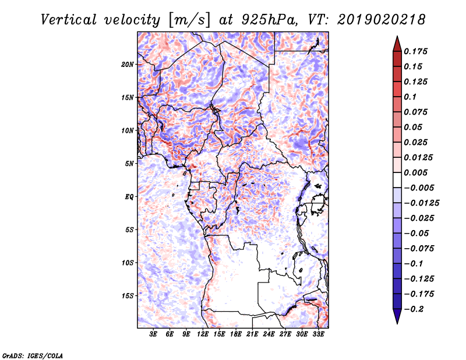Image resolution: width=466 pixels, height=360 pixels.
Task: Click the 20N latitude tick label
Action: pyautogui.click(x=128, y=65)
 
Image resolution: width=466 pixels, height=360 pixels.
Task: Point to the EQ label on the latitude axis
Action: pyautogui.click(x=129, y=197)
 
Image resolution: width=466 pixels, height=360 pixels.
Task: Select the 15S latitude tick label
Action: pyautogui.click(x=128, y=296)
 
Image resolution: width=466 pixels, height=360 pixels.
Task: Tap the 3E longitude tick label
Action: pyautogui.click(x=153, y=334)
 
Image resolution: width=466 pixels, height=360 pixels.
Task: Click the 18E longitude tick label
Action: pyautogui.click(x=236, y=334)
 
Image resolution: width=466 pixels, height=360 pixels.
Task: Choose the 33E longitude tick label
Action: pyautogui.click(x=318, y=334)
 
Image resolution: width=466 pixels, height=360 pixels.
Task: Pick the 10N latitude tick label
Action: pyautogui.click(x=128, y=130)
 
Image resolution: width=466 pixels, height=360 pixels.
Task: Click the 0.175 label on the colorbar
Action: pyautogui.click(x=415, y=51)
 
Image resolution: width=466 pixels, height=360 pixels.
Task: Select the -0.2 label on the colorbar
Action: pyautogui.click(x=414, y=309)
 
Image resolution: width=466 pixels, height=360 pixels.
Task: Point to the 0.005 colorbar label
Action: pyautogui.click(x=415, y=172)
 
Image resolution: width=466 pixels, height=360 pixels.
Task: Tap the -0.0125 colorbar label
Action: pyautogui.click(x=421, y=203)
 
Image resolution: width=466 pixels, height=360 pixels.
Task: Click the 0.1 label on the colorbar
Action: pyautogui.click(x=410, y=97)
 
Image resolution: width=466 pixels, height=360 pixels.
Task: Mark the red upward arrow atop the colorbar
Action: pyautogui.click(x=397, y=44)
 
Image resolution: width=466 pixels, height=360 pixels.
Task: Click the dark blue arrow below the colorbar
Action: pyautogui.click(x=397, y=316)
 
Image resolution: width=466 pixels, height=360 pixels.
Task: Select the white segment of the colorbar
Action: pyautogui.click(x=397, y=180)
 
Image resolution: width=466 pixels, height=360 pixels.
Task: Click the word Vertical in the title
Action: pyautogui.click(x=69, y=20)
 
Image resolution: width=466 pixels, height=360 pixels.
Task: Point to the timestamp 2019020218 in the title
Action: pyautogui.click(x=382, y=20)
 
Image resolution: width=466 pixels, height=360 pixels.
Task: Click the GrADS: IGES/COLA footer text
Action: pyautogui.click(x=33, y=355)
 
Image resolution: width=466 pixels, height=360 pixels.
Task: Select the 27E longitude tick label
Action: pyautogui.click(x=285, y=334)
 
